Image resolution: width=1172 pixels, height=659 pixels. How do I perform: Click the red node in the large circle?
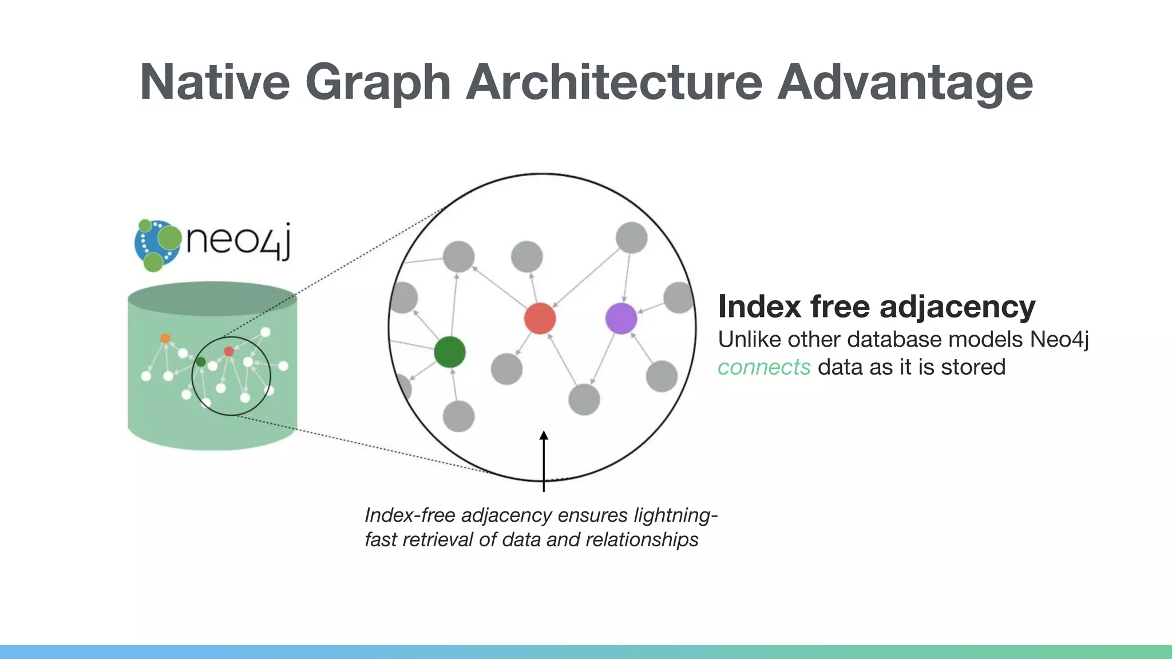click(x=540, y=318)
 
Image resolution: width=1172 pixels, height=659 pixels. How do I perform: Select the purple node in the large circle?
click(x=621, y=318)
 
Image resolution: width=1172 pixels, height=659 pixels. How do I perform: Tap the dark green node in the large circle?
click(x=449, y=351)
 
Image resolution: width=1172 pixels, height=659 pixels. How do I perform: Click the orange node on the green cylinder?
click(x=165, y=338)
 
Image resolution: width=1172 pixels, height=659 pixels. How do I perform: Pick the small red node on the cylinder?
click(x=229, y=351)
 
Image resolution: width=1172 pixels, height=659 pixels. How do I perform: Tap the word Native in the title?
click(x=215, y=82)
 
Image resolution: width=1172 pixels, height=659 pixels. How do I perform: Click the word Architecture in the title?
click(x=614, y=82)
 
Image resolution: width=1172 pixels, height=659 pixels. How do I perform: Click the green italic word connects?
click(x=764, y=367)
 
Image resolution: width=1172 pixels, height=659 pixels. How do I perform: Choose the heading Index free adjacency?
click(x=876, y=307)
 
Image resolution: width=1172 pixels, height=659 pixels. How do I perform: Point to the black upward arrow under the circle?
click(x=544, y=460)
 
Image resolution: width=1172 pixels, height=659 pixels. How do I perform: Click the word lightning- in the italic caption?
click(x=675, y=515)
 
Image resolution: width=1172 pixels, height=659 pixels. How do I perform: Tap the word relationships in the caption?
click(x=642, y=539)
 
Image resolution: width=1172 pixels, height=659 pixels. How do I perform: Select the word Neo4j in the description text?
click(x=1059, y=340)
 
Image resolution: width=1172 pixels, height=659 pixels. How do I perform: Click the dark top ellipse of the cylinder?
click(x=212, y=298)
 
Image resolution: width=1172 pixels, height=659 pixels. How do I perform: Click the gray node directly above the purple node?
click(x=631, y=237)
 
